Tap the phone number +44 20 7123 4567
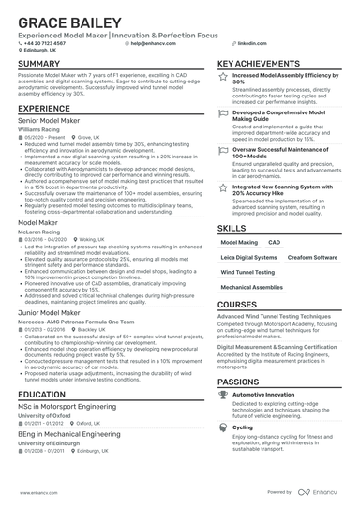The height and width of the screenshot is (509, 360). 46,43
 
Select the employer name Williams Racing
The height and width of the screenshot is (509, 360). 40,128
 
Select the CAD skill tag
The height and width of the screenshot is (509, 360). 274,242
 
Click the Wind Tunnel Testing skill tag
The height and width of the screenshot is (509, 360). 247,272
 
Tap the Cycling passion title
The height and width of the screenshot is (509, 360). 243,426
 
